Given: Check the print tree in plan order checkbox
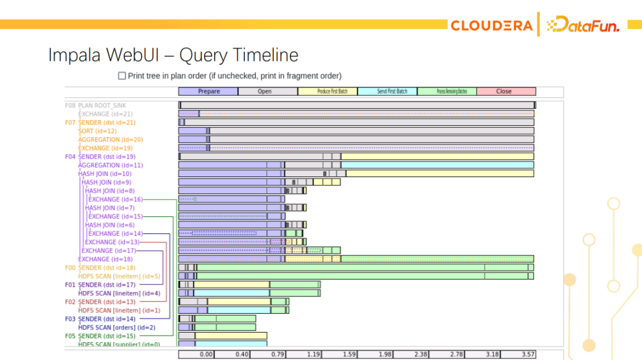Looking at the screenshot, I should (122, 76).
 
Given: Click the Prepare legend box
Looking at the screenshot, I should (208, 91).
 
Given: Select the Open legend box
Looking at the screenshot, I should (267, 91).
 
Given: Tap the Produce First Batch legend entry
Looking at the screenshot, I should (328, 91).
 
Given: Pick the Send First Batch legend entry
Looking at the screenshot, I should (387, 91).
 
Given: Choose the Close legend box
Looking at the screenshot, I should (506, 91).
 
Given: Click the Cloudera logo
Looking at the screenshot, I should (491, 26).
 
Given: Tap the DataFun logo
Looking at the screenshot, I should (583, 25).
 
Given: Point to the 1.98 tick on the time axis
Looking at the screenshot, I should (385, 354).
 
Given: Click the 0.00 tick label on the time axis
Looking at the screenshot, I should (206, 354).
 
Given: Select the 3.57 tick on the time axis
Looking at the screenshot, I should (527, 354).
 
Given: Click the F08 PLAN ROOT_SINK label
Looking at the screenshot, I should (95, 106).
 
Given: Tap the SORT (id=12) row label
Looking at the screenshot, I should (97, 131).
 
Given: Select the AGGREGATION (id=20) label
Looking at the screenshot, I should (110, 140).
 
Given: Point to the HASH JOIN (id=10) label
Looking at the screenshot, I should (105, 174).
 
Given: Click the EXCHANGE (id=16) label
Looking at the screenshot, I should (115, 200).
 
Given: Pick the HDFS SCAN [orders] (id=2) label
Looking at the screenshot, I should (117, 327).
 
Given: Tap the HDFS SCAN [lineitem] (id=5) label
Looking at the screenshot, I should (119, 276).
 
